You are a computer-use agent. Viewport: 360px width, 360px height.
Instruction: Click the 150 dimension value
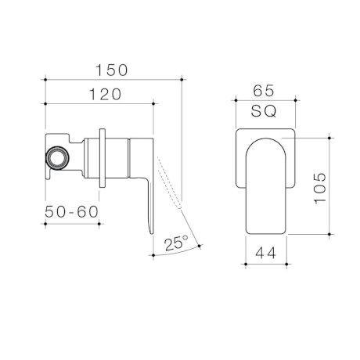point(113,70)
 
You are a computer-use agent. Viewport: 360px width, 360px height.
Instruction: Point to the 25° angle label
point(176,243)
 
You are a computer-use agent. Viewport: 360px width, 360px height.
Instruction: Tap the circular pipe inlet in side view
point(57,156)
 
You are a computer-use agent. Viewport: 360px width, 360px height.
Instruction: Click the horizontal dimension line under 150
point(113,81)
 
